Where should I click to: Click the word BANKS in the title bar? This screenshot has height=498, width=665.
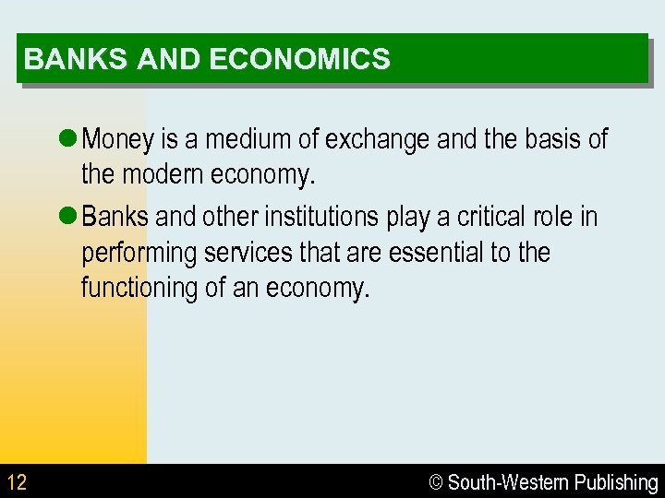pyautogui.click(x=77, y=60)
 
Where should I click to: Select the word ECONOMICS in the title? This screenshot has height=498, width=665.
pyautogui.click(x=300, y=60)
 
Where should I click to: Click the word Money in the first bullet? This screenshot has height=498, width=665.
pyautogui.click(x=119, y=140)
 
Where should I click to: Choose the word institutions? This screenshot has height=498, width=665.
pyautogui.click(x=321, y=218)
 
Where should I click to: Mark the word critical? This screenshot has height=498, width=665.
pyautogui.click(x=486, y=218)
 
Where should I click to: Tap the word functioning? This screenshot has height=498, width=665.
pyautogui.click(x=139, y=288)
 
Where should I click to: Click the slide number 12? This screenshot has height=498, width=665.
pyautogui.click(x=17, y=482)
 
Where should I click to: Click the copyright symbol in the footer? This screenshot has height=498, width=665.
pyautogui.click(x=438, y=482)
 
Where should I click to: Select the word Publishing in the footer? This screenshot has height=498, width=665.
pyautogui.click(x=616, y=482)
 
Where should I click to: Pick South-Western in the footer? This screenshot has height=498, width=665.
pyautogui.click(x=509, y=482)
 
